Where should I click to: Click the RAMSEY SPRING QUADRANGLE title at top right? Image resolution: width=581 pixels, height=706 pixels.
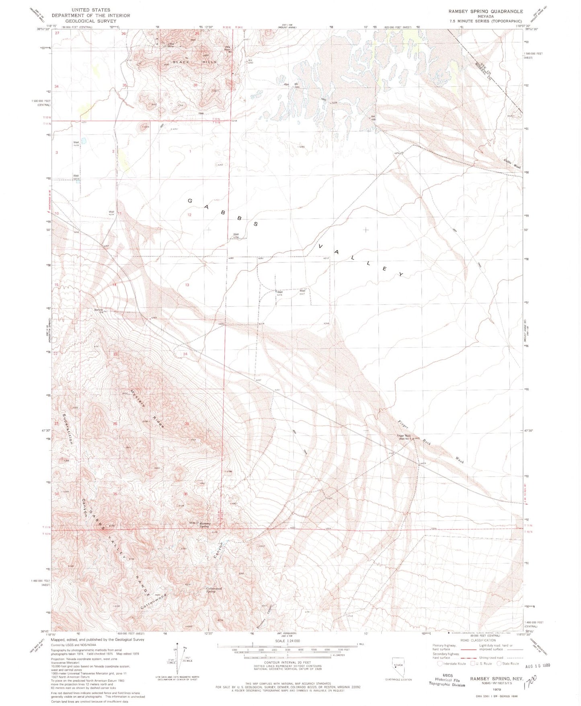click(480, 12)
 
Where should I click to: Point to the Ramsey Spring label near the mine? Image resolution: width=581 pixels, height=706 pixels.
click(205, 525)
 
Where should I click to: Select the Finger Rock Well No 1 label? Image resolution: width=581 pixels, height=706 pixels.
click(404, 437)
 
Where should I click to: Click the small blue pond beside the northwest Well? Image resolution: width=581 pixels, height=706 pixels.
click(84, 141)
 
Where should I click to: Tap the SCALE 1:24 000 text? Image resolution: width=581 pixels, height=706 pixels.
click(287, 641)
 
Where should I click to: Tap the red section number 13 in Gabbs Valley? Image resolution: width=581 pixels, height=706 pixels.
click(187, 285)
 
